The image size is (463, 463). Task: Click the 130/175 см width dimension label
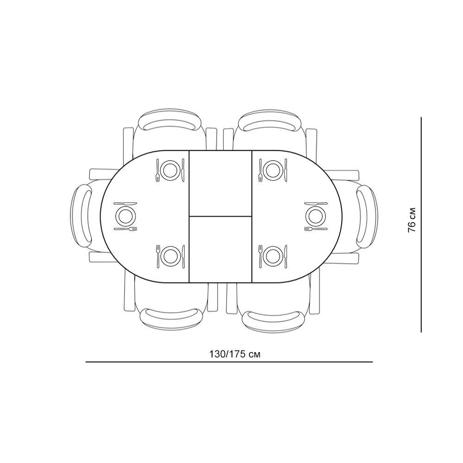point(235,354)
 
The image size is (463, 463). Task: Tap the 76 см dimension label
point(412,219)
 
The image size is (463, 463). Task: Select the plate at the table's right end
point(316,216)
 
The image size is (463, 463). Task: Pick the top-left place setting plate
point(170,170)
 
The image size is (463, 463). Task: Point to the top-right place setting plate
point(273,170)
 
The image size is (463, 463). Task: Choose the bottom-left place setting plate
point(170,256)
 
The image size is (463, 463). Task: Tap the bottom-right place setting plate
point(273,256)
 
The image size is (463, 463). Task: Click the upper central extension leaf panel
point(220,183)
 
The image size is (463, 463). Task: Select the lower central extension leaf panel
point(220,249)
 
